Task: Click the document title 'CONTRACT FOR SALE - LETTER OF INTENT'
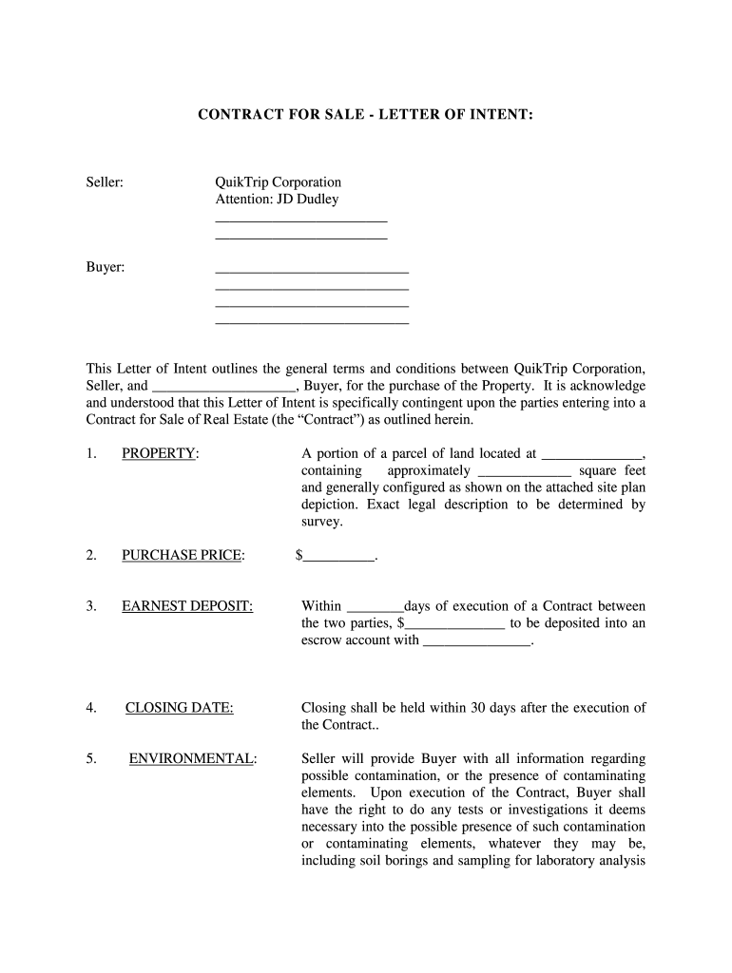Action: [x=365, y=115]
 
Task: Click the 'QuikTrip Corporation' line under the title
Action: [x=278, y=182]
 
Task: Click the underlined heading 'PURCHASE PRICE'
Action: [x=181, y=555]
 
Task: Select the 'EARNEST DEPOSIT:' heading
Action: [x=187, y=606]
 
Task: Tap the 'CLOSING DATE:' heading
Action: [x=180, y=707]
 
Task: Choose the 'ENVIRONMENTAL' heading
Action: [x=191, y=758]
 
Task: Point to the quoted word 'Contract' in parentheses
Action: [x=323, y=420]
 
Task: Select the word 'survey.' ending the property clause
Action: [x=321, y=522]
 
